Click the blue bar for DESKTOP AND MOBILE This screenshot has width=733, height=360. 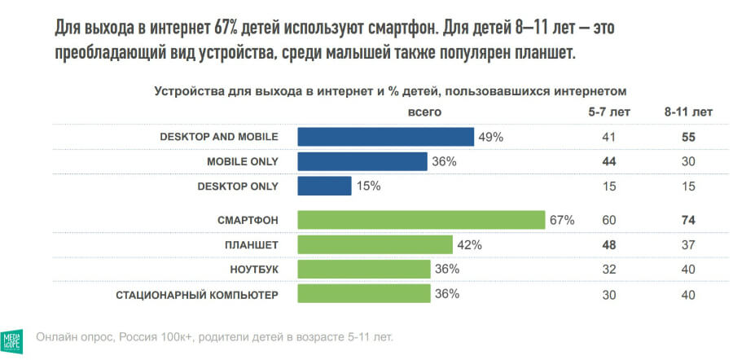pyautogui.click(x=386, y=137)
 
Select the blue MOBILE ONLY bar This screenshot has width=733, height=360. pyautogui.click(x=362, y=161)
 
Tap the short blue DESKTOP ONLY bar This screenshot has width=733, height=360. pyautogui.click(x=324, y=186)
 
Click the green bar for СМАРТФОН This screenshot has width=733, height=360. pyautogui.click(x=421, y=220)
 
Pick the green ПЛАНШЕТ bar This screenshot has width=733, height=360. pyautogui.click(x=375, y=244)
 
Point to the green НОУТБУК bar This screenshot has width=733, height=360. pyautogui.click(x=363, y=270)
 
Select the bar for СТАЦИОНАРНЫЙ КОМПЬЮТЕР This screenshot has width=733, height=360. pyautogui.click(x=363, y=294)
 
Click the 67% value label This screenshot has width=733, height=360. pyautogui.click(x=562, y=220)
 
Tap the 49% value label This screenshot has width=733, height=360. pyautogui.click(x=490, y=137)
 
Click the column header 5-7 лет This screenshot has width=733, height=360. pyautogui.click(x=608, y=112)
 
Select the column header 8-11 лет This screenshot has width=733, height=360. pyautogui.click(x=688, y=112)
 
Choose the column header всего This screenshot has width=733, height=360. pyautogui.click(x=424, y=112)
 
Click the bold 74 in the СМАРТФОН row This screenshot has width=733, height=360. pyautogui.click(x=688, y=220)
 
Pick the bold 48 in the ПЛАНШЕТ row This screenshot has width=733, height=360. pyautogui.click(x=608, y=244)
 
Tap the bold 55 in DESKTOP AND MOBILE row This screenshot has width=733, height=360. pyautogui.click(x=688, y=137)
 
